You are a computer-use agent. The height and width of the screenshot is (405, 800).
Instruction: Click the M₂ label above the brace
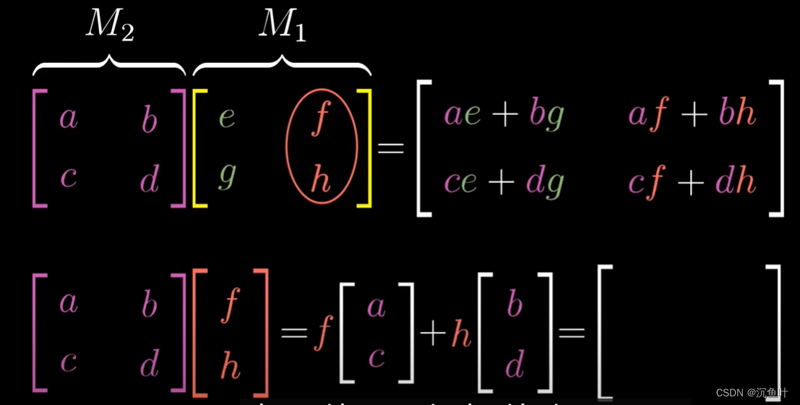pyautogui.click(x=110, y=25)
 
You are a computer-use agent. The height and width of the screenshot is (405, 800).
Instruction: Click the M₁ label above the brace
pyautogui.click(x=283, y=25)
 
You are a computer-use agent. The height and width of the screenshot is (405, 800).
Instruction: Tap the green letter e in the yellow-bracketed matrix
pyautogui.click(x=226, y=116)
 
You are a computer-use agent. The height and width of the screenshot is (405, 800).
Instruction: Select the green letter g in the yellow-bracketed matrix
pyautogui.click(x=226, y=176)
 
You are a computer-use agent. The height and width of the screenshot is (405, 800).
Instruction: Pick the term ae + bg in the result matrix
pyautogui.click(x=503, y=115)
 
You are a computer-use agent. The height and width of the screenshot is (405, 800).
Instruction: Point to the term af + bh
pyautogui.click(x=692, y=115)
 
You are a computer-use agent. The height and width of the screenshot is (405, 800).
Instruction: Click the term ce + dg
pyautogui.click(x=503, y=182)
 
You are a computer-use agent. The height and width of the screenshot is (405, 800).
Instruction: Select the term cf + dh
pyautogui.click(x=692, y=182)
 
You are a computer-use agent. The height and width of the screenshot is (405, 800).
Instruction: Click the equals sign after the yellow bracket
pyautogui.click(x=391, y=148)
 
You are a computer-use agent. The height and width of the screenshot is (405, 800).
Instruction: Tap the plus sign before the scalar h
pyautogui.click(x=433, y=333)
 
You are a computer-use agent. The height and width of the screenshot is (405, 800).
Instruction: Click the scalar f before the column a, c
pyautogui.click(x=322, y=333)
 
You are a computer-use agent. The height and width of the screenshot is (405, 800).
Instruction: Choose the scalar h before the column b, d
pyautogui.click(x=462, y=334)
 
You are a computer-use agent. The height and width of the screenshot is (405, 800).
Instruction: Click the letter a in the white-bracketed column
pyautogui.click(x=376, y=307)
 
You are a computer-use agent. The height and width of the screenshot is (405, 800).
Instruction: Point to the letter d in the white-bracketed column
pyautogui.click(x=515, y=364)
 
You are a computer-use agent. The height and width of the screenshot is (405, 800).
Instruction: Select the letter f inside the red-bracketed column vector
pyautogui.click(x=230, y=304)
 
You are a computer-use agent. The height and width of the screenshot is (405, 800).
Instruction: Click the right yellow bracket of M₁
pyautogui.click(x=365, y=148)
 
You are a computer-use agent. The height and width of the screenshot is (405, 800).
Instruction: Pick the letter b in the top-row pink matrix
pyautogui.click(x=150, y=119)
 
